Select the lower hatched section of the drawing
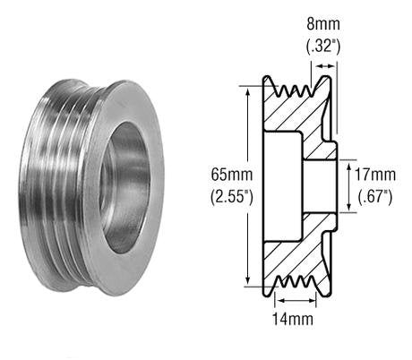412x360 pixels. [x=296, y=246]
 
